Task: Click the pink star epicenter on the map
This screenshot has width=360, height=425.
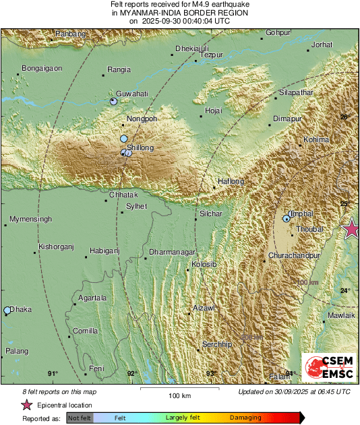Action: point(351,229)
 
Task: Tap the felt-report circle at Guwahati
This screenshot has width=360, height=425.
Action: point(113,101)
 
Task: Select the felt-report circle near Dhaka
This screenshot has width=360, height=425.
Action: point(7,310)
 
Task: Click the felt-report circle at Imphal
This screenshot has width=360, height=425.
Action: point(287,218)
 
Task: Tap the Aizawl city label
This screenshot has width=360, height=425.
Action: point(204,307)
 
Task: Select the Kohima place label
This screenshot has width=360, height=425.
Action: point(316,139)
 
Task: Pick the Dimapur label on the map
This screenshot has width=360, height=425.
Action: point(286,119)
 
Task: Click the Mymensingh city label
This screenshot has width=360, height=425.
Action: point(31,220)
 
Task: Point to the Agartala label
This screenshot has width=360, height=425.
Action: point(92,297)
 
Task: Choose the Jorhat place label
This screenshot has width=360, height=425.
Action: point(323,44)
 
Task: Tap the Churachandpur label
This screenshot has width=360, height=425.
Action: point(294,257)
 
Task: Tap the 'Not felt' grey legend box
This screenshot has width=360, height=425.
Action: point(80,418)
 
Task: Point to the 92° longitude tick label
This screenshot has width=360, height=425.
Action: point(131,373)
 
